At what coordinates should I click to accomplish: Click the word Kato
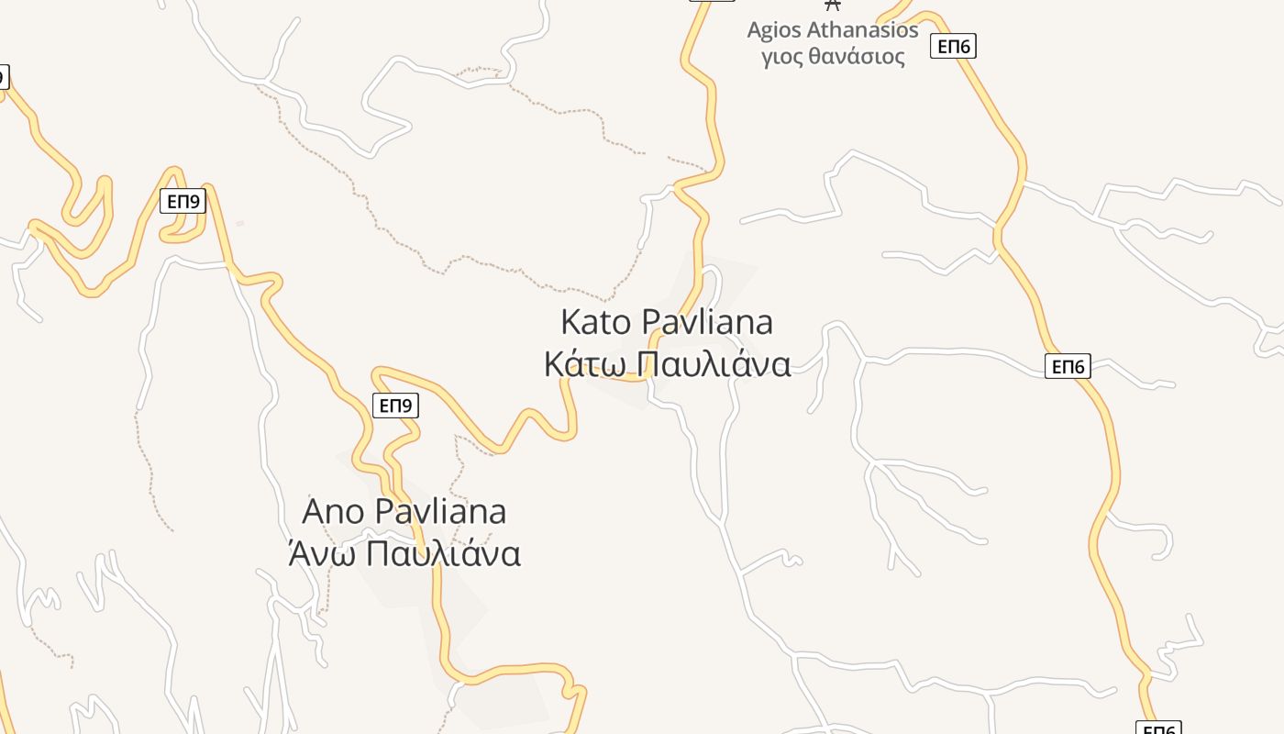(x=596, y=323)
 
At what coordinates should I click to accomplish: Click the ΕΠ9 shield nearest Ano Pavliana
(x=396, y=405)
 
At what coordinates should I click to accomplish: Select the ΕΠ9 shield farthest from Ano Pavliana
(x=183, y=201)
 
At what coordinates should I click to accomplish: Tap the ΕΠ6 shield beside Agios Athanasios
(x=953, y=46)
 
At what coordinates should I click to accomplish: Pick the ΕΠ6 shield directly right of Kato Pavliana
(x=1068, y=367)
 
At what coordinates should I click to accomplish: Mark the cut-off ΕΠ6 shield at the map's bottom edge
(x=1158, y=728)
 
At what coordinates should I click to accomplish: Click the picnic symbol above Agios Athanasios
(x=833, y=5)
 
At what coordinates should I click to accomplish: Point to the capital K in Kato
(x=570, y=323)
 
